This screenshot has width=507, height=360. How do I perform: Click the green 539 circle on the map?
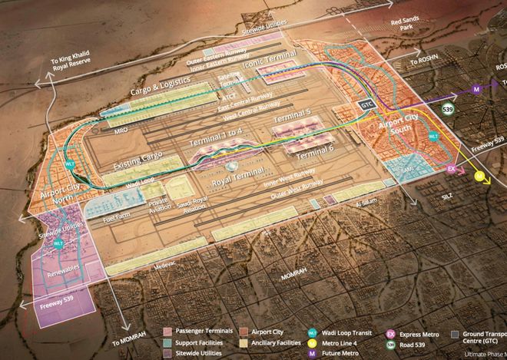tap(448, 110)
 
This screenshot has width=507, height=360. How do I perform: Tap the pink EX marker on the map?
tap(451, 168)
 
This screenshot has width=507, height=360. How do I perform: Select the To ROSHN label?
tap(423, 59)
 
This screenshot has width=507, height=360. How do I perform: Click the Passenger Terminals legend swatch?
tap(168, 329)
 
